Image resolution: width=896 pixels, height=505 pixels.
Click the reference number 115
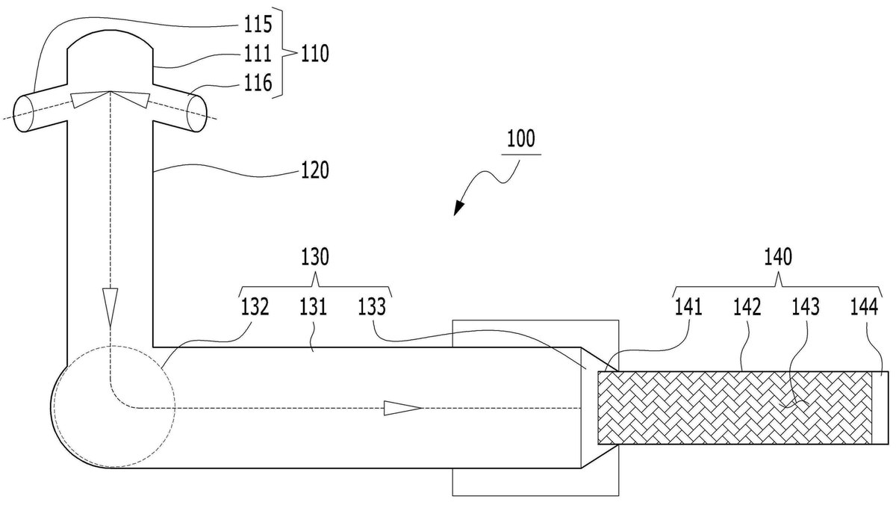tap(258, 25)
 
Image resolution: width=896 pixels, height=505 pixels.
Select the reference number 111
tap(258, 53)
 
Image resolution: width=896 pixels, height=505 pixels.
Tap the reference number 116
tap(258, 83)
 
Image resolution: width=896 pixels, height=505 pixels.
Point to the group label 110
tap(315, 53)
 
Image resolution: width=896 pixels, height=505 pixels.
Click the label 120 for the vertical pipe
tap(315, 170)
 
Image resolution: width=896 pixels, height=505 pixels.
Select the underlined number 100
tap(521, 139)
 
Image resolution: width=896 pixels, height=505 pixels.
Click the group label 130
tap(315, 257)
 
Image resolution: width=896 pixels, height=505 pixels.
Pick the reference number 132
tap(255, 307)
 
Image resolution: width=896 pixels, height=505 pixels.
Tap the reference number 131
tap(313, 307)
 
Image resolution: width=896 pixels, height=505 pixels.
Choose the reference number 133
tap(372, 307)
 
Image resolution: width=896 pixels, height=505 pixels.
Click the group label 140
tap(778, 257)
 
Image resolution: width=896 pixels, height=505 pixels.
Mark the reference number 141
tap(688, 307)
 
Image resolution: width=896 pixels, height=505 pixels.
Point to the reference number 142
tap(747, 307)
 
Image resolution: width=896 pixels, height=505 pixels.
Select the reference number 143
tap(806, 307)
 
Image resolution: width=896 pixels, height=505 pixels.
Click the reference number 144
tap(864, 307)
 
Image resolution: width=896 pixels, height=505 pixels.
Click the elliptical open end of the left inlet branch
tap(24, 114)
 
